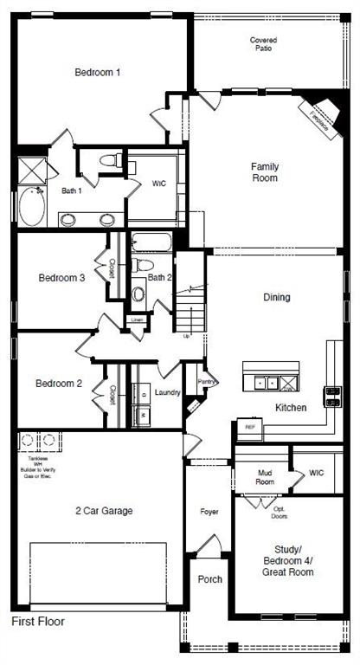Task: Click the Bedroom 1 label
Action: pyautogui.click(x=97, y=72)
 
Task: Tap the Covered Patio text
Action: pyautogui.click(x=263, y=44)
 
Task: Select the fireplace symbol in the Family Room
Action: pyautogui.click(x=319, y=114)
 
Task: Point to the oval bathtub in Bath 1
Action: pyautogui.click(x=31, y=207)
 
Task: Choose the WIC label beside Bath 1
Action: pyautogui.click(x=158, y=184)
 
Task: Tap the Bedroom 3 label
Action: pyautogui.click(x=61, y=278)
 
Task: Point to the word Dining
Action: pyautogui.click(x=277, y=297)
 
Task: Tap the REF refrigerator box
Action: pyautogui.click(x=250, y=427)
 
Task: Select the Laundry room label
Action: pyautogui.click(x=167, y=392)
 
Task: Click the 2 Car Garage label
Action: pyautogui.click(x=103, y=511)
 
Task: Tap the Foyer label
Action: pyautogui.click(x=209, y=512)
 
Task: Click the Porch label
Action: pyautogui.click(x=209, y=579)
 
